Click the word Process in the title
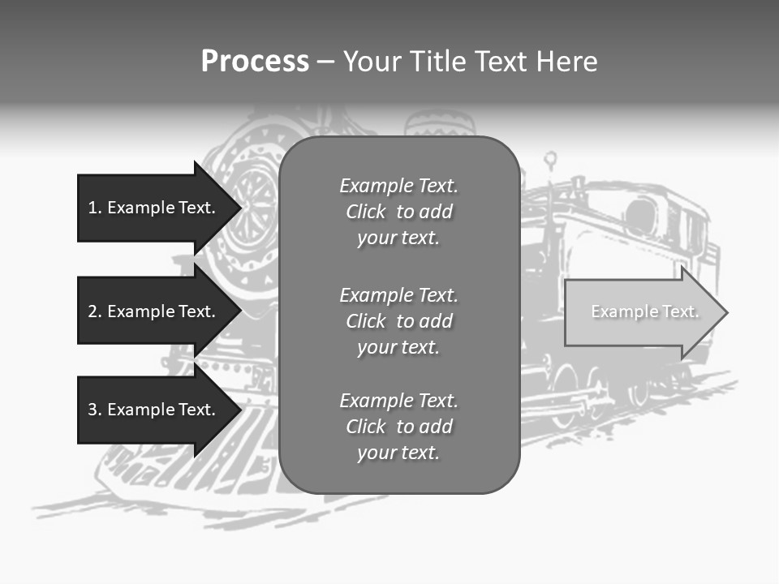coord(255,62)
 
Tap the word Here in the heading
coord(565,62)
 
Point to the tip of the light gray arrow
coord(726,312)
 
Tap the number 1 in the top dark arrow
coord(93,208)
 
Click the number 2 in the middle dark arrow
coord(93,311)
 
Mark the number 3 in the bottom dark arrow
coord(93,410)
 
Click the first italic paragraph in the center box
coord(398,212)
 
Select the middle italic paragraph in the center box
coord(398,320)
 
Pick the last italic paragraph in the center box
coord(398,427)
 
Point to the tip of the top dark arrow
coord(240,208)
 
